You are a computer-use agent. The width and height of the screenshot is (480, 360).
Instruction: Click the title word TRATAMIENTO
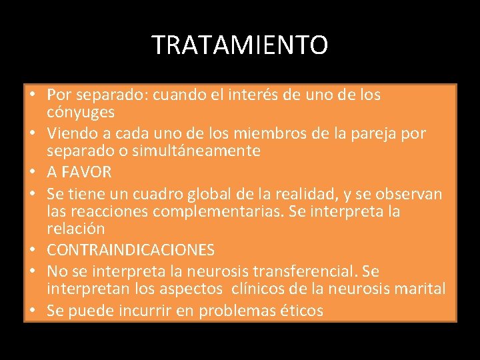[240, 45]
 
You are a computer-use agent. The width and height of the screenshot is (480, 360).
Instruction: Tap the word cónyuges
[81, 112]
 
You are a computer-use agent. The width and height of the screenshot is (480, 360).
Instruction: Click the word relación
[76, 229]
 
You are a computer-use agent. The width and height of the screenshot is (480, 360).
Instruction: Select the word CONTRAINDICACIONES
[131, 250]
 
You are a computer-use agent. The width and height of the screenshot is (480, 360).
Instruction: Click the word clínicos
[261, 289]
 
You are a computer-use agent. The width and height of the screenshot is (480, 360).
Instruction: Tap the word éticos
[299, 311]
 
